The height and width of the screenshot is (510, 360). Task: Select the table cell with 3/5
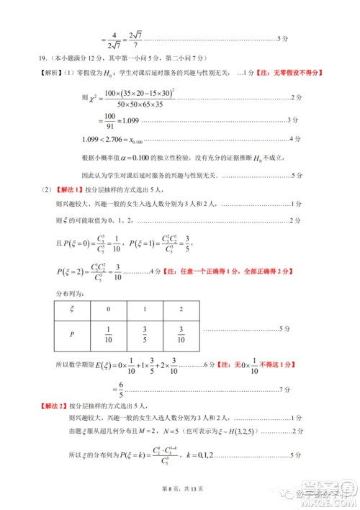tap(144, 334)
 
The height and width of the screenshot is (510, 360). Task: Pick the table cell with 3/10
tap(180, 334)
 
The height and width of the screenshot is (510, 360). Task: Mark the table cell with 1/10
tap(109, 334)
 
